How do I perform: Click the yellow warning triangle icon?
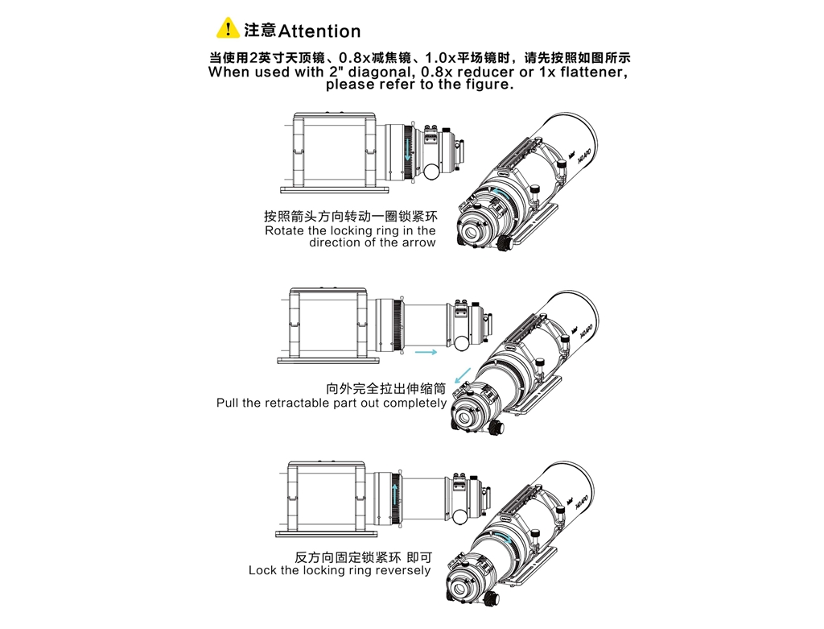click(x=228, y=28)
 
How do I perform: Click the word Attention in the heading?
click(x=319, y=31)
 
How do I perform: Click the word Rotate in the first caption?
click(x=284, y=230)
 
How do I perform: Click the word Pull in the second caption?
click(x=229, y=403)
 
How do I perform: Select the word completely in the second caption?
click(x=414, y=403)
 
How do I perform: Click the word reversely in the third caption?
click(x=403, y=570)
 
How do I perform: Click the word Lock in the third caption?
click(x=262, y=570)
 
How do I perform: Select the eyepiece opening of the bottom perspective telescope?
click(x=461, y=590)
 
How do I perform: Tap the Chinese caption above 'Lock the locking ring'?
click(x=363, y=557)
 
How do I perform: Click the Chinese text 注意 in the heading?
click(x=260, y=31)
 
